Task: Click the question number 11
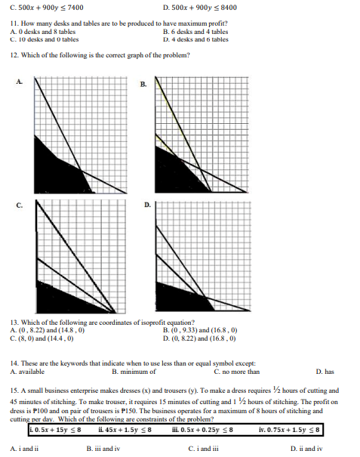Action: (14, 25)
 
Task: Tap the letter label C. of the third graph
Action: (17, 205)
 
